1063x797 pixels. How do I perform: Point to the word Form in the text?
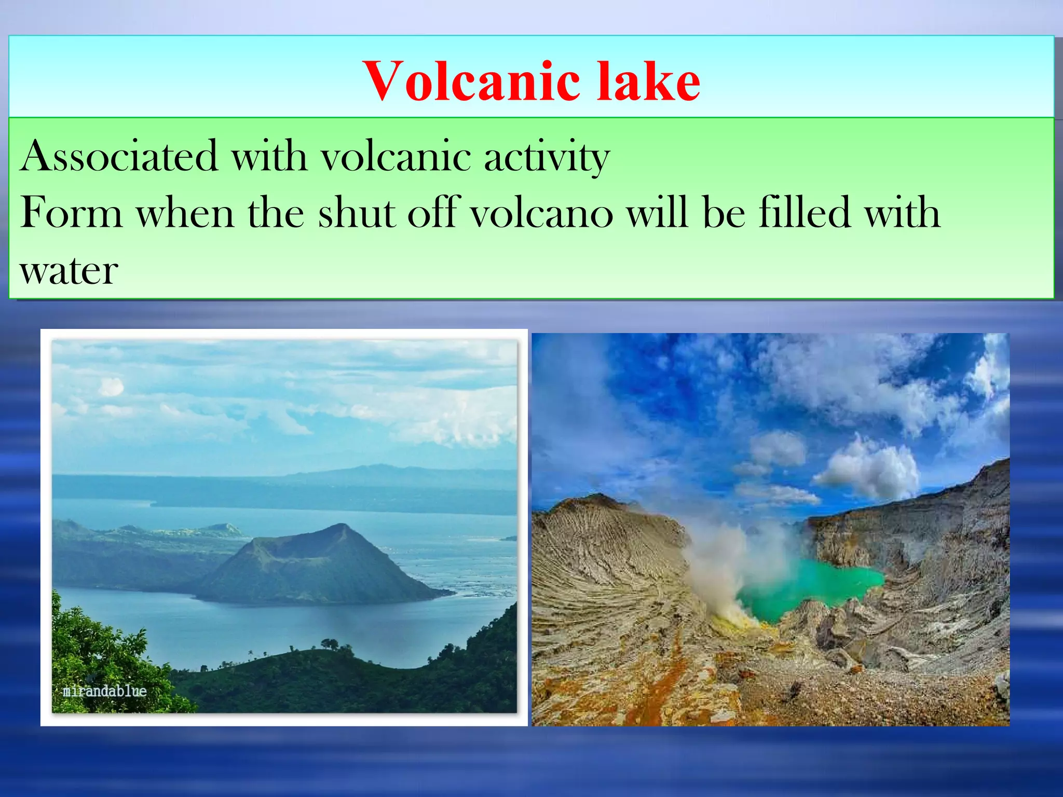(71, 213)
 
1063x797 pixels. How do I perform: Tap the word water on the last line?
(69, 271)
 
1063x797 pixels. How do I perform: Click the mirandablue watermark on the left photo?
(104, 691)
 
